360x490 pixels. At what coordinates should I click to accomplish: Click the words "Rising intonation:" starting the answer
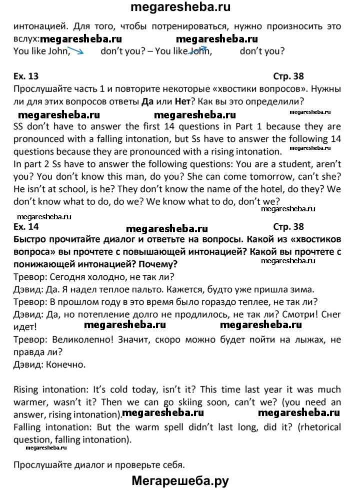pyautogui.click(x=44, y=390)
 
